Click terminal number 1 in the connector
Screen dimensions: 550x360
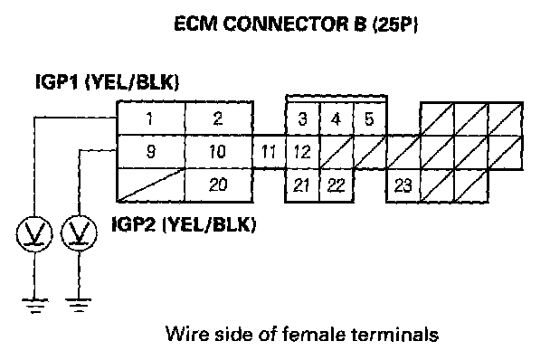point(150,118)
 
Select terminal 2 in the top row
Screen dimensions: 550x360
point(219,118)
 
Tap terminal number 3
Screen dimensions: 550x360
point(303,118)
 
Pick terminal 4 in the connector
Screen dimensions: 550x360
point(336,118)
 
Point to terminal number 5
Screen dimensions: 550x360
point(369,118)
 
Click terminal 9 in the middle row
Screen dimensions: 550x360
point(150,152)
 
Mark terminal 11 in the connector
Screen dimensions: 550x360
point(269,152)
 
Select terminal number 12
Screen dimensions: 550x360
point(303,152)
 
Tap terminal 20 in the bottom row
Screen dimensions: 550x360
point(219,185)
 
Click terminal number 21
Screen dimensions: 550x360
point(302,185)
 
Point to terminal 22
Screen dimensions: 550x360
point(336,185)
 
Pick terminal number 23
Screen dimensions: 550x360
point(403,185)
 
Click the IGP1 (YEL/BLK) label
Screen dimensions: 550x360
point(108,82)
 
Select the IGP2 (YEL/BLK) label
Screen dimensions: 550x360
point(184,224)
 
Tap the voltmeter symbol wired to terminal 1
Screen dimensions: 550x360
point(34,234)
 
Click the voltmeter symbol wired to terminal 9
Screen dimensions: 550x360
point(79,233)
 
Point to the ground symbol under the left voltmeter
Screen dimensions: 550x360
point(34,306)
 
